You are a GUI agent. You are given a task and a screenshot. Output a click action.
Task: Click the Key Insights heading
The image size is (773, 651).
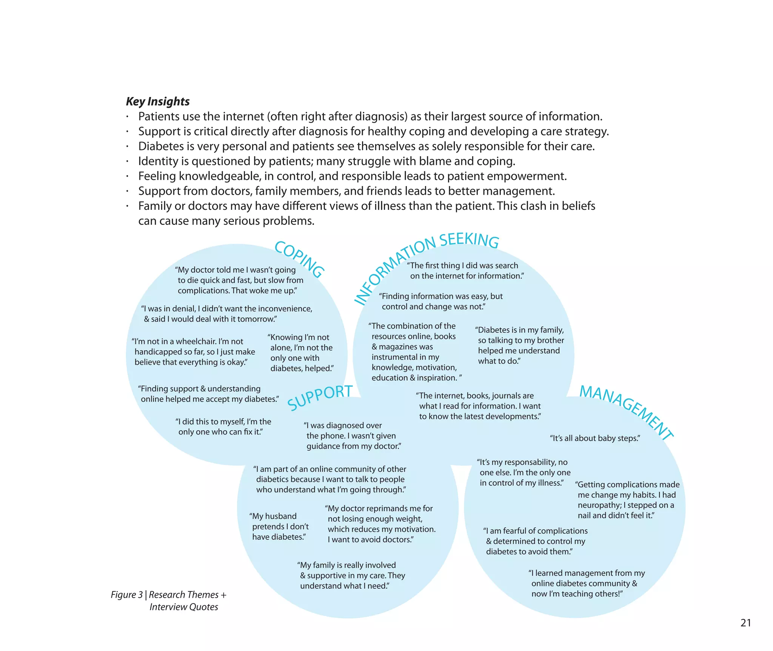(x=158, y=102)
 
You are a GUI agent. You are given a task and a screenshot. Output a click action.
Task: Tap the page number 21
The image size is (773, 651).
(x=745, y=623)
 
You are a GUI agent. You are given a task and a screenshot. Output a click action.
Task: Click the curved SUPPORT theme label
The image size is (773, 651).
(x=320, y=397)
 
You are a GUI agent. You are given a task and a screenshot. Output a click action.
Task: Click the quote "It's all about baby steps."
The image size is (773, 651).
(x=595, y=438)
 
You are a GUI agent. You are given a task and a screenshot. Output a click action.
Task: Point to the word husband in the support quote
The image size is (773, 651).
(x=281, y=516)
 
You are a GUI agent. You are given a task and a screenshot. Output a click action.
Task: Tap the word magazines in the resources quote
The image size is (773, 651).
(x=406, y=347)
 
